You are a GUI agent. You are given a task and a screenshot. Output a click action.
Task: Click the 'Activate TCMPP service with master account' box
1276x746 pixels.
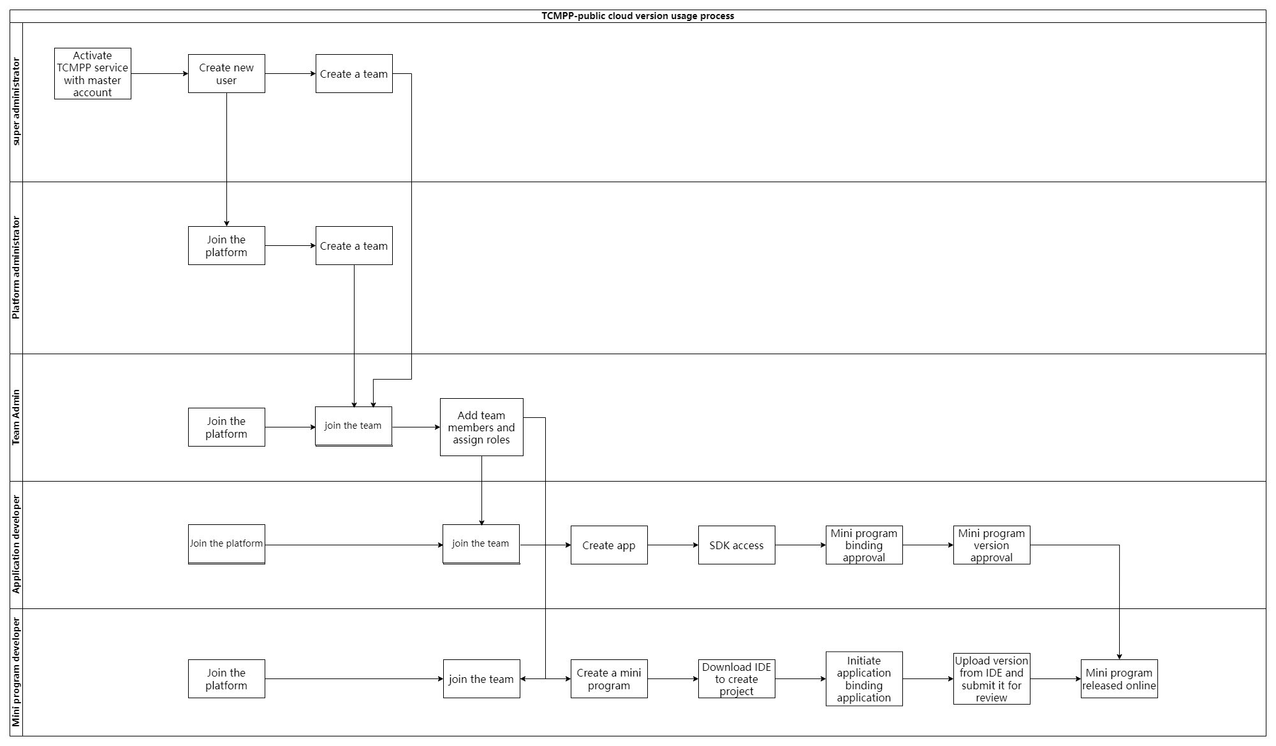[92, 74]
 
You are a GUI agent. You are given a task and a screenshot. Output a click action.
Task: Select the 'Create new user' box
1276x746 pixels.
[226, 74]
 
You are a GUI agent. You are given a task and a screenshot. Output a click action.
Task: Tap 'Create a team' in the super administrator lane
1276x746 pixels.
[354, 74]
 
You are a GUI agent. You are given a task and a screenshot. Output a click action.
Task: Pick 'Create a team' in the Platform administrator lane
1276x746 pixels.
[354, 246]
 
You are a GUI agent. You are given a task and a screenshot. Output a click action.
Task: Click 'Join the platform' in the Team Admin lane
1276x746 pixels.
[226, 427]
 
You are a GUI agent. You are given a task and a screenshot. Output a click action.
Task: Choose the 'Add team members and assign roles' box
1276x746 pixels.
[481, 427]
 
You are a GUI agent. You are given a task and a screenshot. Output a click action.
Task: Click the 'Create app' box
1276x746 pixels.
[609, 545]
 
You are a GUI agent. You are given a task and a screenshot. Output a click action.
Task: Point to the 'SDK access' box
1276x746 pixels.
[737, 545]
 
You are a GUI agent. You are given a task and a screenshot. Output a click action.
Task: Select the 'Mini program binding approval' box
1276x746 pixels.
[864, 545]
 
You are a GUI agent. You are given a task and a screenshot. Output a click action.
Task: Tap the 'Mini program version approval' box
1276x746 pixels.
[992, 545]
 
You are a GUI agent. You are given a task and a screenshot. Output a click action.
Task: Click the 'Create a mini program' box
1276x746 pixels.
[609, 679]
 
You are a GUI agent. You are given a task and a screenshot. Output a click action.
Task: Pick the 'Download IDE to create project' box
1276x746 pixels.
[737, 679]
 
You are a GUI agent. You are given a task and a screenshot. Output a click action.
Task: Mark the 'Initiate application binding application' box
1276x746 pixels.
[864, 679]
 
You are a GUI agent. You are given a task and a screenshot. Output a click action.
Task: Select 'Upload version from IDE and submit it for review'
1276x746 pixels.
[992, 679]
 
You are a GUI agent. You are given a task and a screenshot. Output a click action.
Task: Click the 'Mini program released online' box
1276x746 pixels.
[1119, 679]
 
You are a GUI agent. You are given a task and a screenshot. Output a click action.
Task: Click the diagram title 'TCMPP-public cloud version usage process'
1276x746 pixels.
[638, 16]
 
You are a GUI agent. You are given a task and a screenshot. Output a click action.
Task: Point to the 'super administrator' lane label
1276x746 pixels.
[17, 102]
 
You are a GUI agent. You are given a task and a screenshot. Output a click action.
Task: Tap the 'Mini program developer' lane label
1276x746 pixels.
[17, 672]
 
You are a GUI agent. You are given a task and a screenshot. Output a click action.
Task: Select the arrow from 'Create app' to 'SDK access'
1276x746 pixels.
[673, 545]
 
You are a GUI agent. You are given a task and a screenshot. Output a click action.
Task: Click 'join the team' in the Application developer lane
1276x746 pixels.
[481, 544]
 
